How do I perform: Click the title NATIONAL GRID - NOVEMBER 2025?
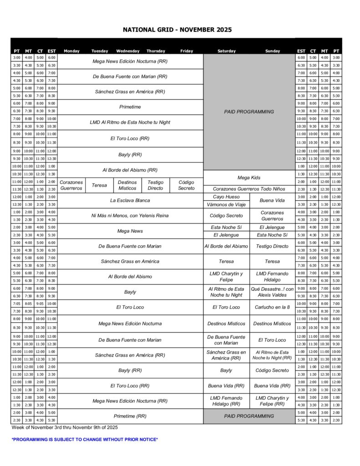click(177, 30)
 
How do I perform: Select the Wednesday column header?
click(128, 51)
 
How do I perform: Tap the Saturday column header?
click(226, 51)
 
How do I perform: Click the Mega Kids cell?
click(249, 177)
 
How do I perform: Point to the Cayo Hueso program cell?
click(226, 197)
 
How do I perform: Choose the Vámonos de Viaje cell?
click(226, 205)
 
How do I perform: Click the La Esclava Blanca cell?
click(130, 200)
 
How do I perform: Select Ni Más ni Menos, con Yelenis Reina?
click(130, 216)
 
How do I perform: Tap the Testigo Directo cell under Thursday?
click(155, 185)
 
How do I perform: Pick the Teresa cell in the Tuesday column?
click(99, 185)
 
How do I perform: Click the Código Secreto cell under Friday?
click(186, 185)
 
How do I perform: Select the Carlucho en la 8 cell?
click(272, 307)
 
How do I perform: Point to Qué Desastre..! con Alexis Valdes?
click(272, 292)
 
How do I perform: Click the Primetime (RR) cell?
click(130, 416)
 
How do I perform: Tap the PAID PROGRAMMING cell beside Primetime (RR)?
click(249, 416)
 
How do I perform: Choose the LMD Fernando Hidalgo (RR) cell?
click(226, 401)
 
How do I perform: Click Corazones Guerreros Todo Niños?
click(249, 189)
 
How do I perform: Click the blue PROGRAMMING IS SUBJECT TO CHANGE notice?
click(85, 440)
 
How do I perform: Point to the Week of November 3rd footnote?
click(65, 427)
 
